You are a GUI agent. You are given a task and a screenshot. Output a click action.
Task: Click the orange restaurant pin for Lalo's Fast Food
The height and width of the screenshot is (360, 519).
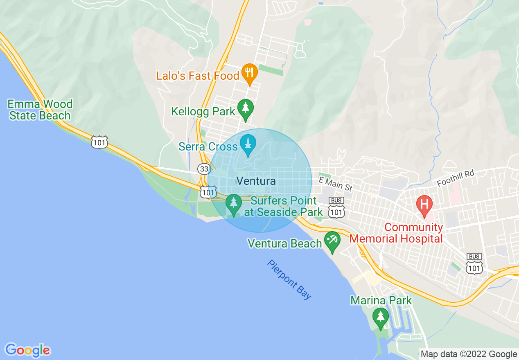click(249, 73)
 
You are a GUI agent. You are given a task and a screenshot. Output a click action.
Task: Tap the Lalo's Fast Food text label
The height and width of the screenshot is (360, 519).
click(197, 76)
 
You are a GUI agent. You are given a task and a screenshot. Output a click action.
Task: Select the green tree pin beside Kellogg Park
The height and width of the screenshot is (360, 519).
click(245, 109)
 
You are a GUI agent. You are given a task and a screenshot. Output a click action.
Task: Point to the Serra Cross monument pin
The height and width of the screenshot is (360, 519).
click(248, 144)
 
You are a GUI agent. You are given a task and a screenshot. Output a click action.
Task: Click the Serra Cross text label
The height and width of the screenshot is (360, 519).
click(208, 146)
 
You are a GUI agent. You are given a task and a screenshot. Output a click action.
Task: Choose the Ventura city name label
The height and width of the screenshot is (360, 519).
click(256, 181)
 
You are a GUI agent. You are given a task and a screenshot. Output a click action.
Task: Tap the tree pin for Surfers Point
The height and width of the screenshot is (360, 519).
click(234, 204)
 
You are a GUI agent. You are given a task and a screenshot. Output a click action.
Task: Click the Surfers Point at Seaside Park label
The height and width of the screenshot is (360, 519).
click(283, 207)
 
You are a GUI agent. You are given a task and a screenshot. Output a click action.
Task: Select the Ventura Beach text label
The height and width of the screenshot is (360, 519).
click(285, 244)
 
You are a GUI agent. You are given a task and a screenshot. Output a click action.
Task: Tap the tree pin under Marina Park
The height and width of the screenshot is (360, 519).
click(381, 317)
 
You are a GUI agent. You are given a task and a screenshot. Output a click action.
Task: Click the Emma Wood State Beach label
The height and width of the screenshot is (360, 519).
click(40, 110)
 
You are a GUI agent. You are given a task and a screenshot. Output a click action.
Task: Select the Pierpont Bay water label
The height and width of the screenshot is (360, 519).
click(289, 280)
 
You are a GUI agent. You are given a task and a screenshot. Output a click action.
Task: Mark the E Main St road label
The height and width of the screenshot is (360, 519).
click(335, 184)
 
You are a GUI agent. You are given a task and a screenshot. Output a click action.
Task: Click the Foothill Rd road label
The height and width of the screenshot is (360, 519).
click(455, 178)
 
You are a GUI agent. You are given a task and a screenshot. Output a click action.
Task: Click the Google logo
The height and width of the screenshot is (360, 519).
click(27, 350)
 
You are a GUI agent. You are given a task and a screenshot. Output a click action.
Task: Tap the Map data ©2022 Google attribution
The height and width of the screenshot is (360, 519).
click(469, 354)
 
